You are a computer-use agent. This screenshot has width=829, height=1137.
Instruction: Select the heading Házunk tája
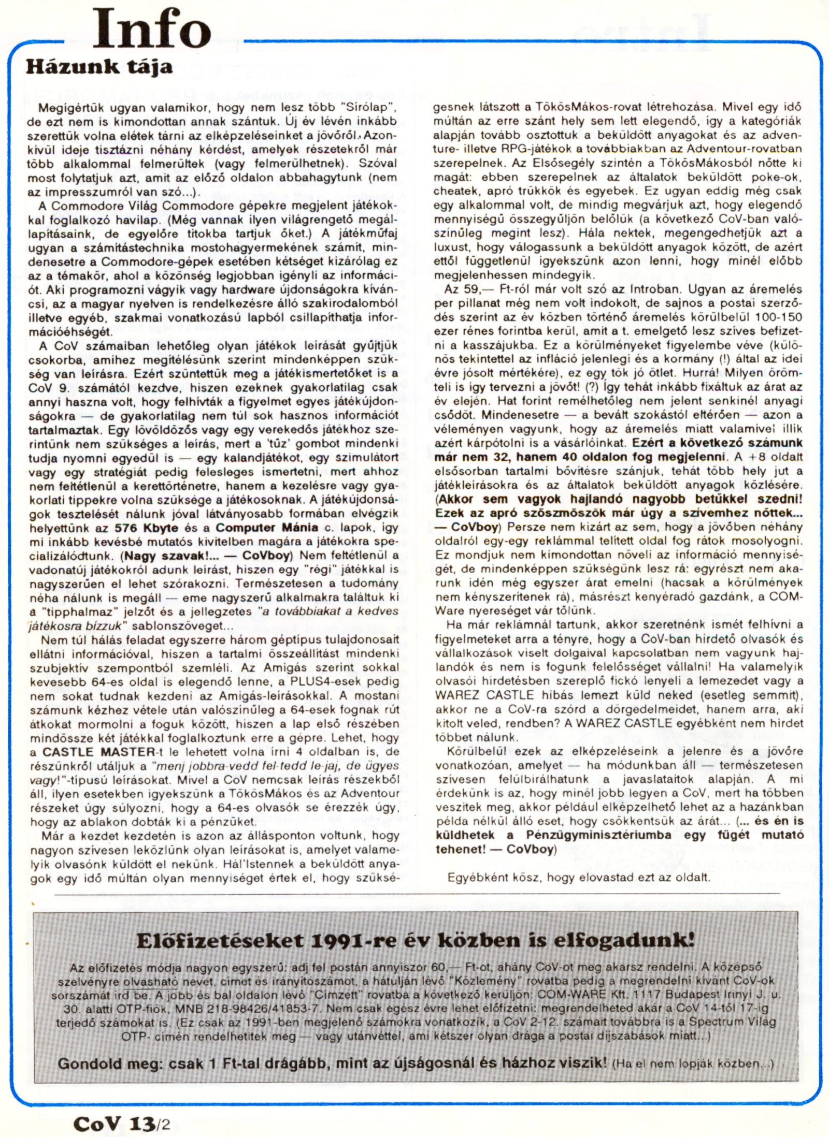click(99, 67)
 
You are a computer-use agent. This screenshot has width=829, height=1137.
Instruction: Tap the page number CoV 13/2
click(122, 1124)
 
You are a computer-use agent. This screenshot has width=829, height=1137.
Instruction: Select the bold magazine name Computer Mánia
click(267, 528)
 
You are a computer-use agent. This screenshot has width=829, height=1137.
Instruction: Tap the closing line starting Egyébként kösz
click(579, 877)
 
